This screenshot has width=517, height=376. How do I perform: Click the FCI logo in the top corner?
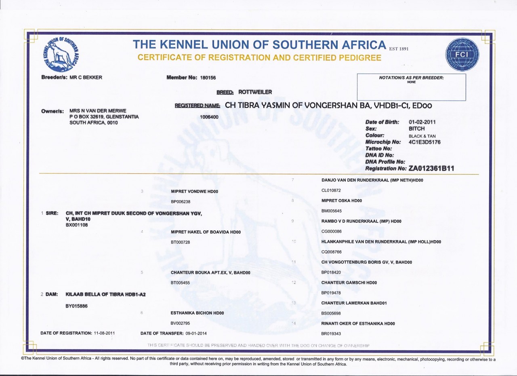point(462,55)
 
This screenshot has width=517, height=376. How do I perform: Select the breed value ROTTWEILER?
point(255,92)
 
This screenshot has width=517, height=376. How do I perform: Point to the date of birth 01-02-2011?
point(422,122)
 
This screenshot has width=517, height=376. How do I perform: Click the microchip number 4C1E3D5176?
point(425,142)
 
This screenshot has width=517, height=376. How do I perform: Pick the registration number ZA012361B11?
point(431,169)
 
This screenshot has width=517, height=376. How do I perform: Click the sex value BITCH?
point(417,129)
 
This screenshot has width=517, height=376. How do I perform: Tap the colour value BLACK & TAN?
point(422,136)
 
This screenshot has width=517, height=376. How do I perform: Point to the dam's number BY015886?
point(77,306)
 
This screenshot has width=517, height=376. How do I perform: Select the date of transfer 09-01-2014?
point(199,333)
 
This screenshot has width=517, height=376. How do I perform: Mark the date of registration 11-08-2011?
point(104,333)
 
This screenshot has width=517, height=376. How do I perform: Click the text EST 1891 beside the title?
point(399,49)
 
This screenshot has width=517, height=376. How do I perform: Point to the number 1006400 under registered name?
point(209,117)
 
